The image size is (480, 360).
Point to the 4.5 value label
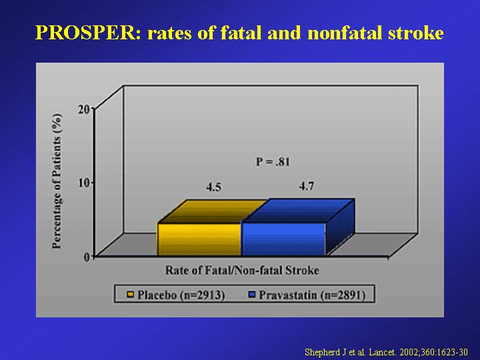(x=213, y=187)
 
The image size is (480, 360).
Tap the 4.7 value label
(x=307, y=186)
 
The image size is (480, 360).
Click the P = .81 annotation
(x=273, y=161)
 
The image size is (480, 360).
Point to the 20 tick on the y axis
(x=84, y=109)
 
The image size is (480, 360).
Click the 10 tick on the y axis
(x=84, y=183)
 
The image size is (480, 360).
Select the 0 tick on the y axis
(x=87, y=257)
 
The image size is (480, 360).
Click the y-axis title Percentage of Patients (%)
(x=57, y=181)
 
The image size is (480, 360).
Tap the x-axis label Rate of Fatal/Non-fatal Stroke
(x=242, y=270)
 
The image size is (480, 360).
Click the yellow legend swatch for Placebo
(x=131, y=295)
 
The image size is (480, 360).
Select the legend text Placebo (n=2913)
(x=181, y=295)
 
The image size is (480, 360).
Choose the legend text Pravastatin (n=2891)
(x=312, y=295)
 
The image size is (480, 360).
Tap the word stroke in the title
(x=416, y=33)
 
